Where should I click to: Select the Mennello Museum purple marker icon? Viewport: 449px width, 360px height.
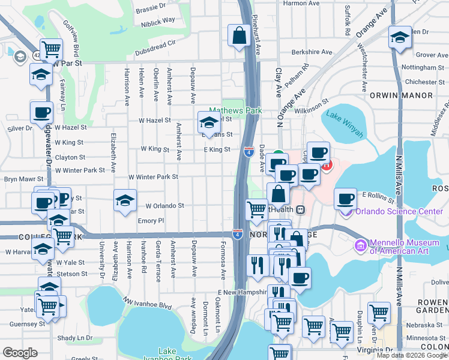pos(360,245)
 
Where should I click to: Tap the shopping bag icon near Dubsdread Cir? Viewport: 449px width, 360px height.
pos(239,35)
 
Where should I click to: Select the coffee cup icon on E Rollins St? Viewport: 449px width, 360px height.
pos(345,198)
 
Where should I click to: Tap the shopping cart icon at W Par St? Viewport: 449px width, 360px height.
pos(51,49)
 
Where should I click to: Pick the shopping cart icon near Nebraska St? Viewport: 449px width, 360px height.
pos(379,311)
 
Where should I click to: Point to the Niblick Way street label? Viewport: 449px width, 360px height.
pos(158,20)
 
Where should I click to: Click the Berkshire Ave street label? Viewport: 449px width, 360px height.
pos(310,52)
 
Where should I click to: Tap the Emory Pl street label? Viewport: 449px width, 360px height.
pos(151,221)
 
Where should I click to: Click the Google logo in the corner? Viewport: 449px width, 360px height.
pos(20,353)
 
